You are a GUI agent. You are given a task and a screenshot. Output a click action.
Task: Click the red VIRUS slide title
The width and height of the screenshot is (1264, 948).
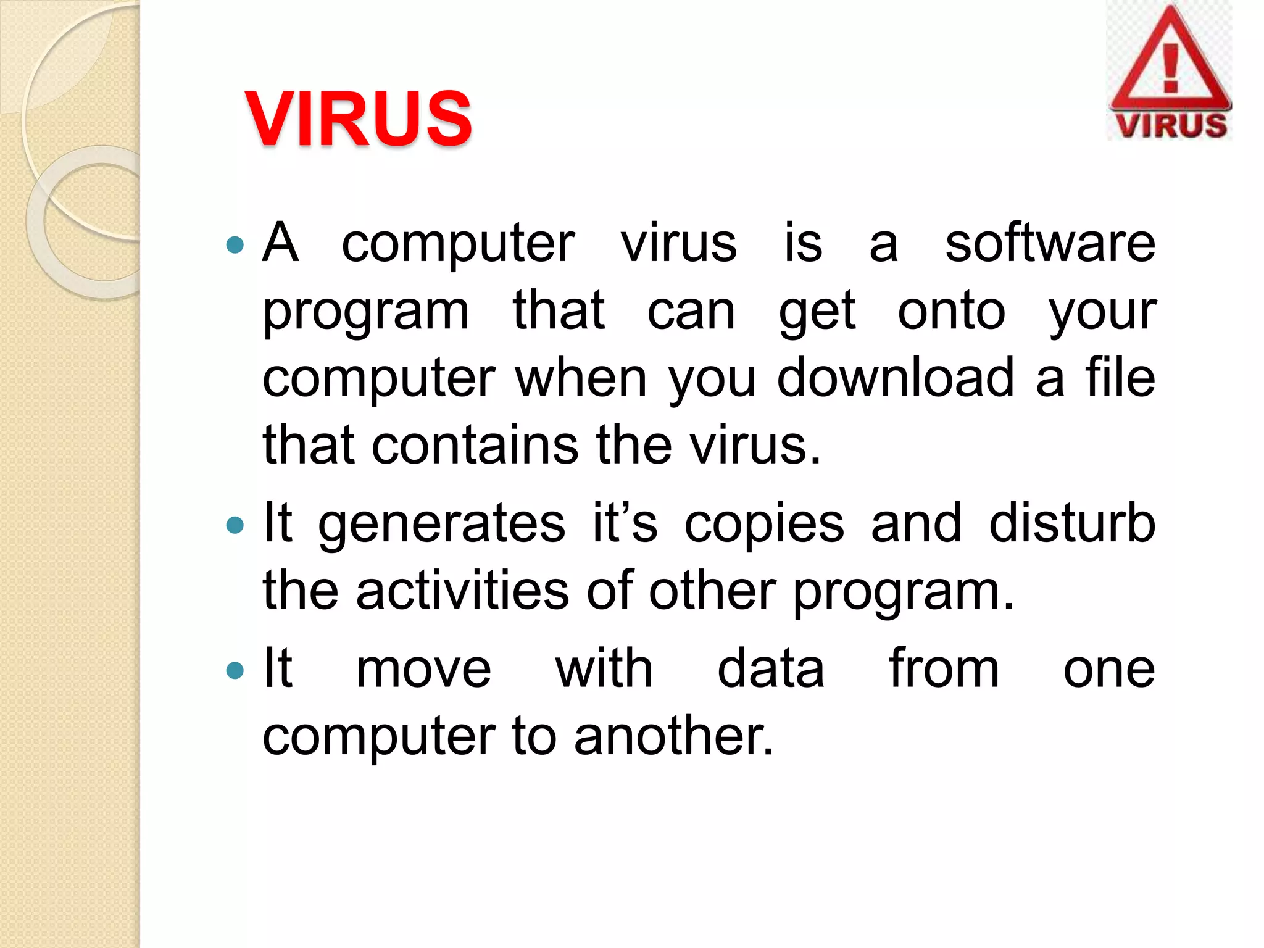pos(359,118)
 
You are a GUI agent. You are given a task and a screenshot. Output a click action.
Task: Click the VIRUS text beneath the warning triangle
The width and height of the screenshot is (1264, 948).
pos(1171,125)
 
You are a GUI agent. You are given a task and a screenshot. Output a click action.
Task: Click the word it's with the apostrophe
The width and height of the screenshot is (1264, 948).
pos(625,523)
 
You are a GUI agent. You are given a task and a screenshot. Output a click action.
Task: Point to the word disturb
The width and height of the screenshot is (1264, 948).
pos(1072,523)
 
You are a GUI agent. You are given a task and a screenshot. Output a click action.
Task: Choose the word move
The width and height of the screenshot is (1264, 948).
pos(423,670)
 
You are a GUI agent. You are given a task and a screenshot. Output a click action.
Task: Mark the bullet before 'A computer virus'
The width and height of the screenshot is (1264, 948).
pos(235,245)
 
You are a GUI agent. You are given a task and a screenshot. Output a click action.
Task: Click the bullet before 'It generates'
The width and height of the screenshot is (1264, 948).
pos(235,525)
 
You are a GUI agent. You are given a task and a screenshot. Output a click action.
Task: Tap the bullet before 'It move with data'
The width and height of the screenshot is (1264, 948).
pos(235,670)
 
